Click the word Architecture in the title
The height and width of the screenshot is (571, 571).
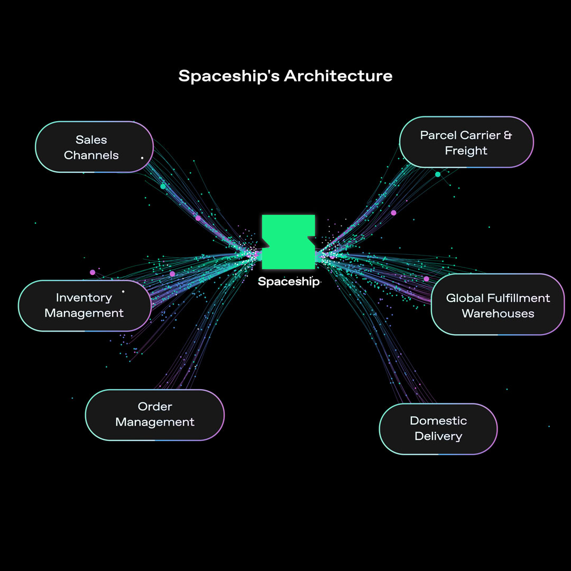point(338,76)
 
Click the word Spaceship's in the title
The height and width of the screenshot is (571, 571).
point(229,76)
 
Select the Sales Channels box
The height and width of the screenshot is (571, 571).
point(94,147)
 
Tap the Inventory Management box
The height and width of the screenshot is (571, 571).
point(85,306)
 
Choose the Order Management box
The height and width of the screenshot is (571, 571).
point(154,415)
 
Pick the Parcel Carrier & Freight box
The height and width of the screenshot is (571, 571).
point(466,142)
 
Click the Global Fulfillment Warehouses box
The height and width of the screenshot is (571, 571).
point(498,305)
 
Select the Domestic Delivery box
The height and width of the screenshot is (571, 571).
point(438,428)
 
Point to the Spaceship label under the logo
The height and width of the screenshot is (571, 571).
point(288,282)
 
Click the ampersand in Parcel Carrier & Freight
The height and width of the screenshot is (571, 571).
point(508,135)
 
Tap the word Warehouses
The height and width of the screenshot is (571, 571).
point(498,314)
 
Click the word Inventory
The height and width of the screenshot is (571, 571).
point(84,298)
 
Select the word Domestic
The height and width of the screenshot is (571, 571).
point(438,421)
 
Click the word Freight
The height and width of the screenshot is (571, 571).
point(466,151)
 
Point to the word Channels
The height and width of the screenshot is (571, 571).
point(91,155)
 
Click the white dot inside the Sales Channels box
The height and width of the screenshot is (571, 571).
point(142,158)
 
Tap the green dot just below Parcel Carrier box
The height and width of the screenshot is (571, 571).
point(438,174)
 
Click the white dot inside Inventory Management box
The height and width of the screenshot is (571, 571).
point(123,291)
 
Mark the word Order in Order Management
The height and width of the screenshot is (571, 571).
point(155,407)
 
